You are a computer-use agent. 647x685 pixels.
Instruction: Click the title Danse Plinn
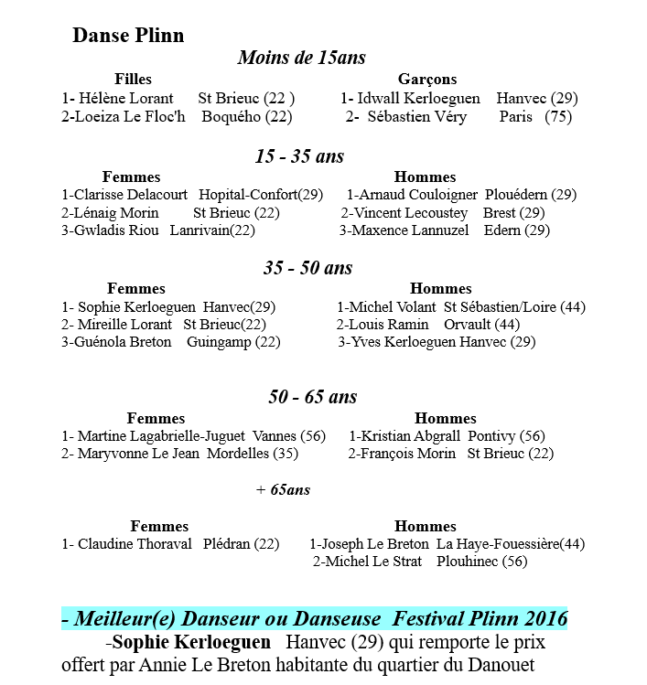point(128,36)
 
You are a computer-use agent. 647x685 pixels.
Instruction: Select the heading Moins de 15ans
point(301,58)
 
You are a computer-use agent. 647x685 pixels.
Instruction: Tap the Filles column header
point(133,80)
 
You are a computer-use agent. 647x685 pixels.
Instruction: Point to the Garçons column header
point(427,80)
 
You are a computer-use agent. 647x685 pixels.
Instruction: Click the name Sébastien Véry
point(417,117)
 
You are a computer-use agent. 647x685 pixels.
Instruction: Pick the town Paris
point(516,117)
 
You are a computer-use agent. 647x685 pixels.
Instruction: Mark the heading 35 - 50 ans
point(307,268)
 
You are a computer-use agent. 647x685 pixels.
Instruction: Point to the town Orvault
point(469,325)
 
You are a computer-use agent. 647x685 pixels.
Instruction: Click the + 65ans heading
point(283,490)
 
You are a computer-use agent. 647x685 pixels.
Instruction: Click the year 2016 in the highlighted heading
point(543,618)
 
